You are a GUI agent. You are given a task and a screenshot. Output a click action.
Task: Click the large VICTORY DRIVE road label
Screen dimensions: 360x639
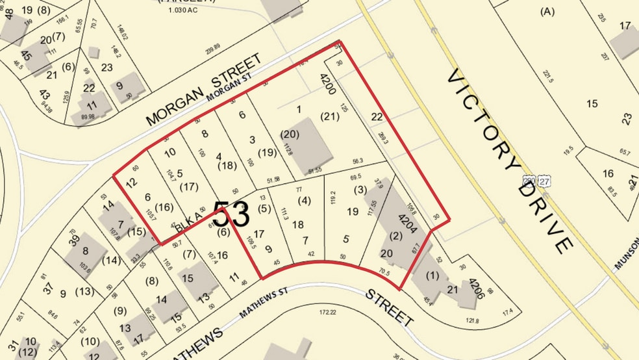click(x=510, y=162)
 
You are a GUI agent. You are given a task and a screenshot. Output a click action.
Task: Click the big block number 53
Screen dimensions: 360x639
click(x=231, y=214)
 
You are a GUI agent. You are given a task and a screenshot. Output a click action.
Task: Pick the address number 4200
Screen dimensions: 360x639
click(x=327, y=85)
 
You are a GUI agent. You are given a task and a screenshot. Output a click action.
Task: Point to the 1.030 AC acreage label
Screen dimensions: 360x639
click(x=182, y=10)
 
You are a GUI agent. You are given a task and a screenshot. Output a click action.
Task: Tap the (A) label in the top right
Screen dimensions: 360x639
click(x=547, y=11)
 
